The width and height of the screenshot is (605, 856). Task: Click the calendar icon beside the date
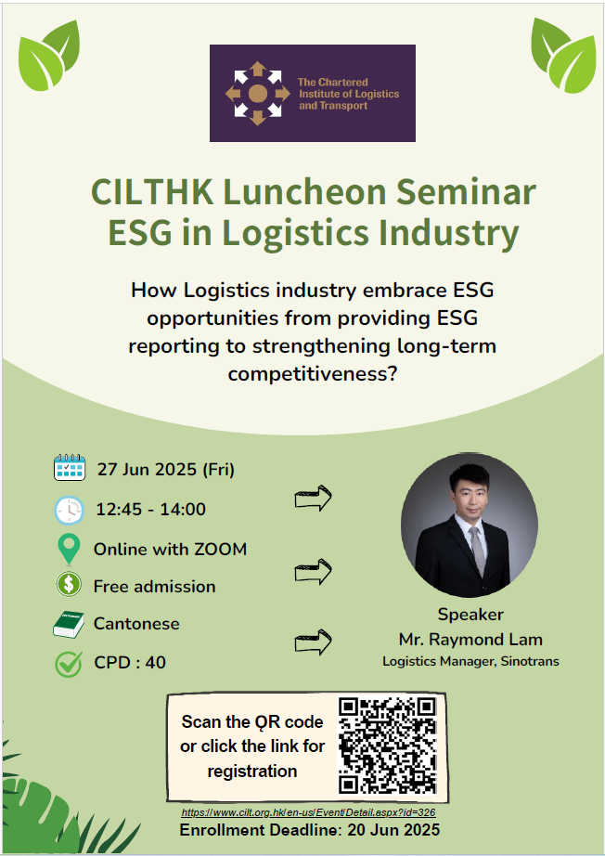click(70, 467)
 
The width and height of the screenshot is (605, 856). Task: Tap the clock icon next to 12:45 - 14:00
click(70, 510)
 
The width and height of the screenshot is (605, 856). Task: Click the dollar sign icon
click(69, 585)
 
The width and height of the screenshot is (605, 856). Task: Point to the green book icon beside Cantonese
click(69, 625)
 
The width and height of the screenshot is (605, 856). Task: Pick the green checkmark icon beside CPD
click(69, 664)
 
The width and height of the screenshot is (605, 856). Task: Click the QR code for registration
click(387, 746)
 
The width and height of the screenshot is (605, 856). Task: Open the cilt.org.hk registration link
click(308, 812)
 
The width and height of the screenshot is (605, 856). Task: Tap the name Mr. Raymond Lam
click(470, 639)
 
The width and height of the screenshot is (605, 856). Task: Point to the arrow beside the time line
click(313, 498)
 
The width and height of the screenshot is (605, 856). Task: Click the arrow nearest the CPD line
click(313, 642)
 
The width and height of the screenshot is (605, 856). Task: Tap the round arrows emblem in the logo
click(257, 94)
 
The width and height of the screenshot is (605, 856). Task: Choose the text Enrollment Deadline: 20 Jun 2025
click(310, 830)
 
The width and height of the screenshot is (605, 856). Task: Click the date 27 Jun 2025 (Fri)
click(166, 470)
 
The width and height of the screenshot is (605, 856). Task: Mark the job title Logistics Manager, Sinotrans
click(470, 661)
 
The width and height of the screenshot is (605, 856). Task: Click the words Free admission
click(154, 587)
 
